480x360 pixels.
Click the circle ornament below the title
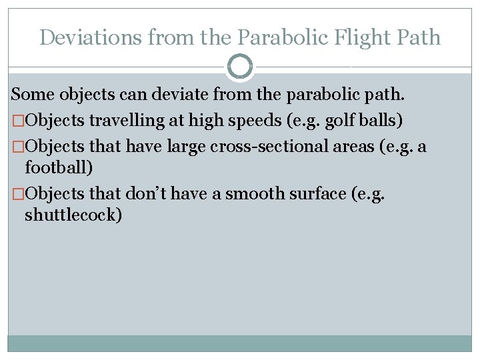(240, 67)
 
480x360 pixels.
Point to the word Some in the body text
(33, 96)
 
